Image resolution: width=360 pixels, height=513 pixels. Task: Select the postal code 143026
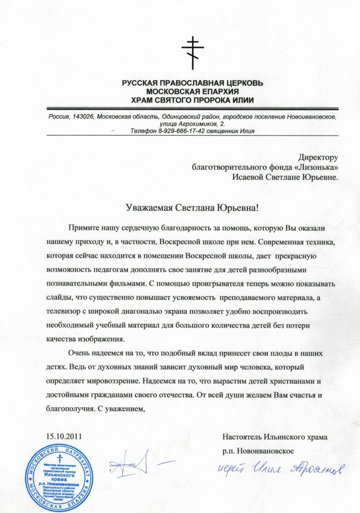click(x=81, y=116)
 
